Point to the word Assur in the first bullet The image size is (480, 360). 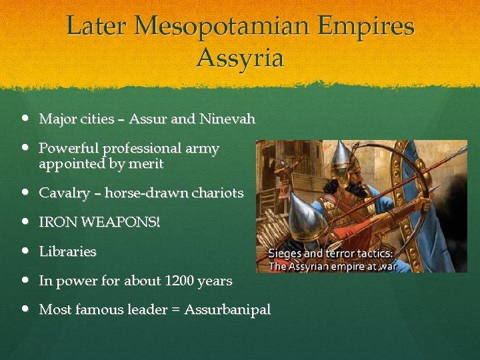(x=147, y=119)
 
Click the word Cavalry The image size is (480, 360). (x=64, y=193)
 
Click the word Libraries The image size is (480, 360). (x=67, y=252)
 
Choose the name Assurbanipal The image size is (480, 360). (x=227, y=310)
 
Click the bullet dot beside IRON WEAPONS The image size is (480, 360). (x=25, y=223)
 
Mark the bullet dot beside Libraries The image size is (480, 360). (x=25, y=252)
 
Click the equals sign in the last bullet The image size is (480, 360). (x=176, y=310)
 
